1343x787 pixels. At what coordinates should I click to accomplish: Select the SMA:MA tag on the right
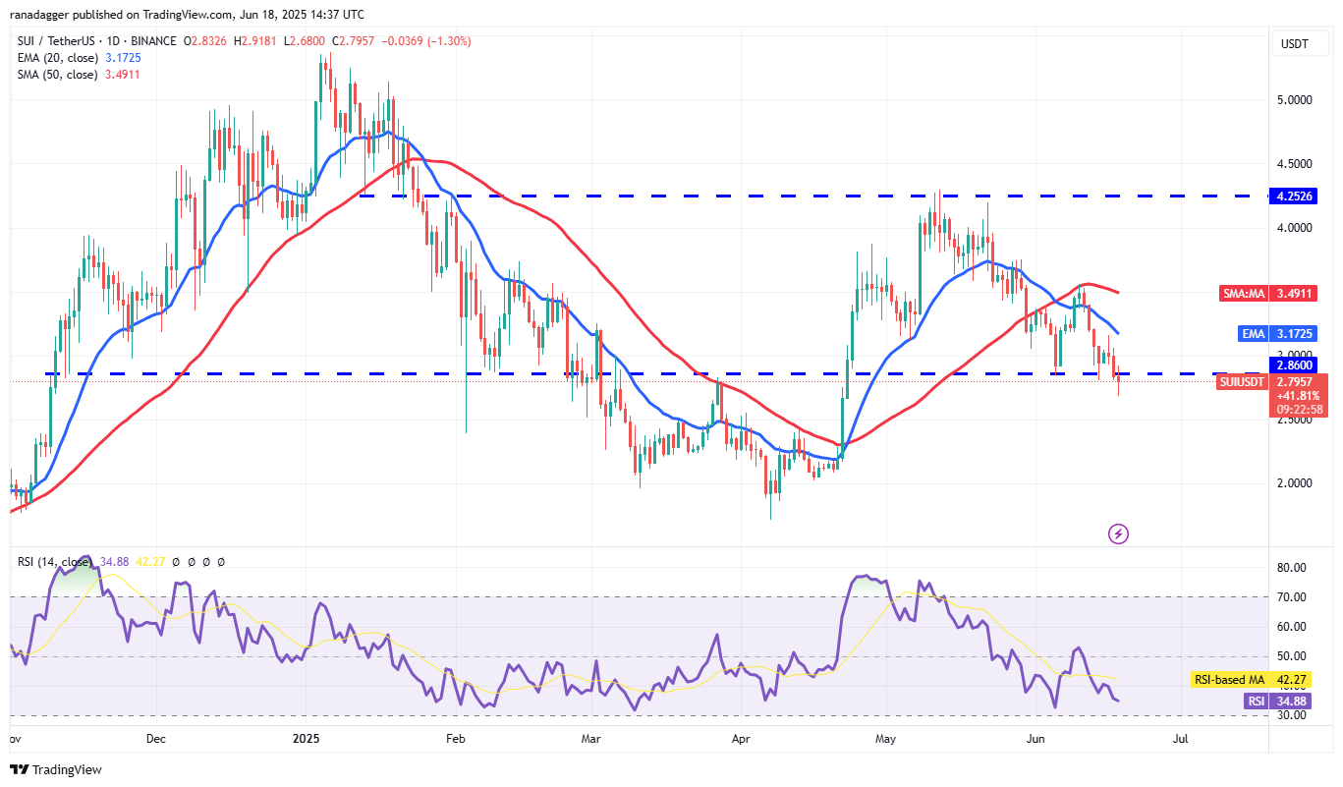click(x=1240, y=293)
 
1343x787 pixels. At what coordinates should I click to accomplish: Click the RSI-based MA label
click(x=1229, y=679)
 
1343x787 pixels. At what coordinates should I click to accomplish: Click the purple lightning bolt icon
click(x=1118, y=534)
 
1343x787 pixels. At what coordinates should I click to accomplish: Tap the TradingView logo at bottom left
click(x=56, y=769)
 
